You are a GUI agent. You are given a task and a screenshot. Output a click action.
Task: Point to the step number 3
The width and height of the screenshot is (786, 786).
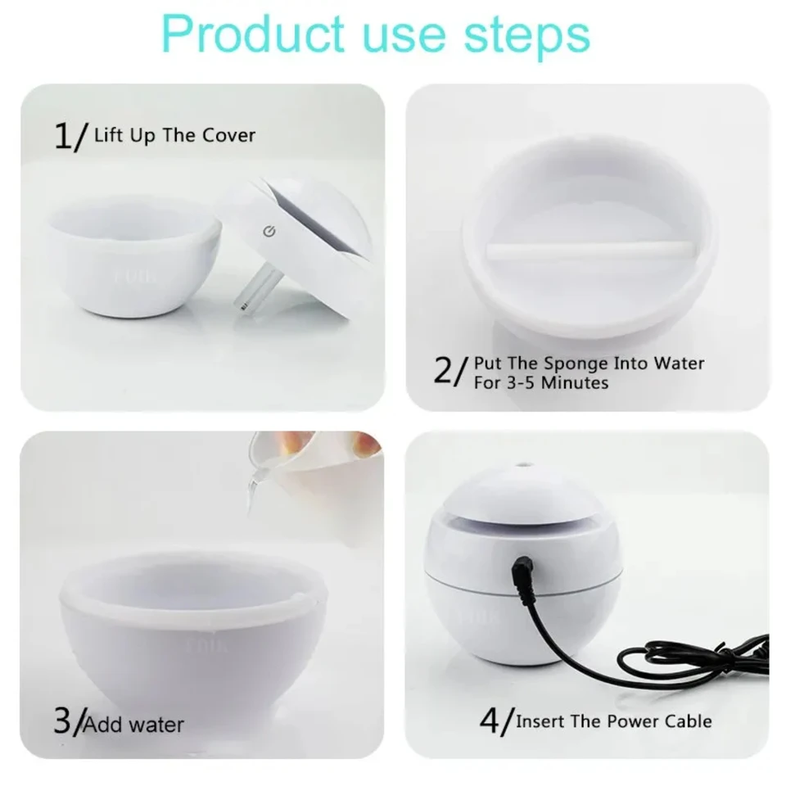(62, 720)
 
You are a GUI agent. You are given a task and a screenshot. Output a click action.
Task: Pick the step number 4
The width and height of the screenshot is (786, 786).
(490, 720)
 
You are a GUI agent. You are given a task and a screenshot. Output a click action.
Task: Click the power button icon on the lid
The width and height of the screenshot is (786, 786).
(269, 231)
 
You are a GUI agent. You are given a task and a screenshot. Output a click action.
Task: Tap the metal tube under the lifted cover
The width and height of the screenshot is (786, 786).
(256, 287)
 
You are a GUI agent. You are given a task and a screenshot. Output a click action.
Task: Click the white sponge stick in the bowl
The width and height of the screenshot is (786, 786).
(590, 251)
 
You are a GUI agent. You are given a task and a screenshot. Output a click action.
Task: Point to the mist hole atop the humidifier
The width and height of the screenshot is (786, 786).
(524, 465)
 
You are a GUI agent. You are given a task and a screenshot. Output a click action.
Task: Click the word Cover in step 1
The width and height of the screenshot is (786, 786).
(228, 135)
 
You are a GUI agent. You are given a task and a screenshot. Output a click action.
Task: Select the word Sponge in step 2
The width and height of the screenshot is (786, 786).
(576, 364)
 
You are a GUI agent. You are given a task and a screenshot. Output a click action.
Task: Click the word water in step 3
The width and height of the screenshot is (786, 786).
(156, 725)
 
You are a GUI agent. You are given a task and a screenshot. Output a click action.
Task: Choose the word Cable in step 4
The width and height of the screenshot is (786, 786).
(688, 720)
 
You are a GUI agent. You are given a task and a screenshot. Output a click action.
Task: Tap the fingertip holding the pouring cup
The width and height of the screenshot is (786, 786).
(365, 443)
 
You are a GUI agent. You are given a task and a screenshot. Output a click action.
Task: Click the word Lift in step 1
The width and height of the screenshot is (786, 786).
(109, 135)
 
